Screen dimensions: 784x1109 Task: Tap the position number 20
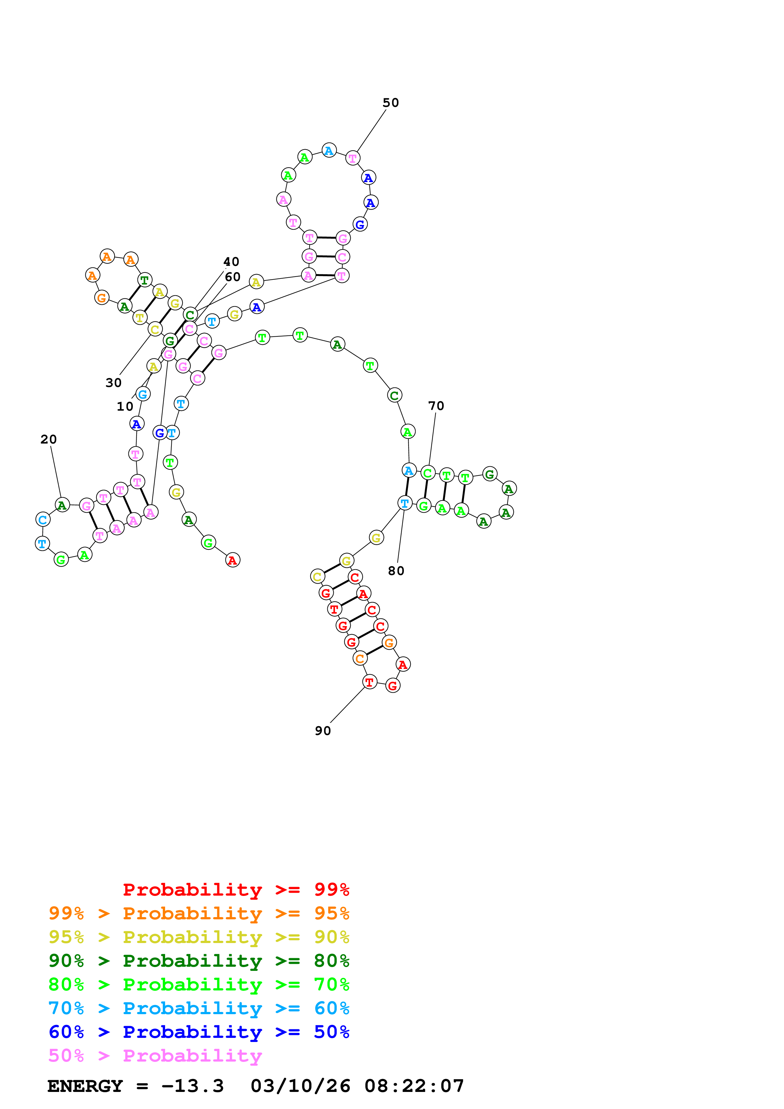click(48, 439)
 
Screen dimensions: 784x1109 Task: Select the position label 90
click(323, 731)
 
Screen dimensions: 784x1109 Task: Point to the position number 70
click(436, 406)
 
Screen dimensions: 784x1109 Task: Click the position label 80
click(396, 571)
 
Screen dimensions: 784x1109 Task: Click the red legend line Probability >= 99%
click(236, 890)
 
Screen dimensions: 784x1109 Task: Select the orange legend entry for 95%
click(199, 913)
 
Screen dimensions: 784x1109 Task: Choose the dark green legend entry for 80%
click(199, 961)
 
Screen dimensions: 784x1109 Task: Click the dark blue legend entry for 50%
click(199, 1032)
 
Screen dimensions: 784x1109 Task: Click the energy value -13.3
click(192, 1086)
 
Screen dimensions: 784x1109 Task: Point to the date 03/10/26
click(300, 1086)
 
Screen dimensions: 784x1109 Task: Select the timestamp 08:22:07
click(414, 1086)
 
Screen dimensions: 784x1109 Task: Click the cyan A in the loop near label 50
click(329, 151)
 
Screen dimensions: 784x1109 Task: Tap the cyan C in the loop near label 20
click(43, 520)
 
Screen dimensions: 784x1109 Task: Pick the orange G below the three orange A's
click(102, 297)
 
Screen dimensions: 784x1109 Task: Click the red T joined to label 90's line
click(369, 682)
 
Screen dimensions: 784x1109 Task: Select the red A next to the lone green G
click(232, 560)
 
